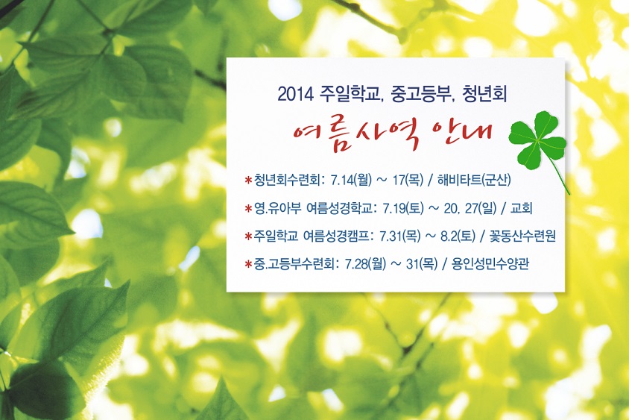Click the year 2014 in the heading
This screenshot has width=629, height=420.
pos(295,94)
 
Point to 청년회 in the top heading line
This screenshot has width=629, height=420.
pos(484,94)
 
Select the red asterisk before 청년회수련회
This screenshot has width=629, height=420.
pos(248,180)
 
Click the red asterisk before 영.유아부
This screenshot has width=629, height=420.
pos(248,208)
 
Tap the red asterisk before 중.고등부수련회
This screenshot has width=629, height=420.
pos(248,264)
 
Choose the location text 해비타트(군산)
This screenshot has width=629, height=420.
pos(474,180)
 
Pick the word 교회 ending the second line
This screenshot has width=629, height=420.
pos(521,208)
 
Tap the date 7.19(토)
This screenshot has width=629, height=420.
pos(402,208)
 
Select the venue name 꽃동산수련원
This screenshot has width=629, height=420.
pos(522,236)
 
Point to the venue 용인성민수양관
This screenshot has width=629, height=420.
pos(490,264)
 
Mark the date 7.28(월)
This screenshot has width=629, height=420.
pos(365,264)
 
